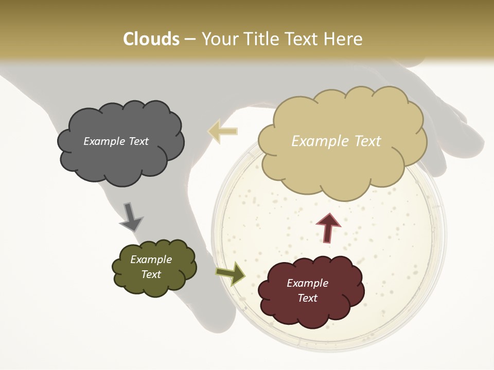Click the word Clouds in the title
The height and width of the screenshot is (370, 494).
(x=151, y=39)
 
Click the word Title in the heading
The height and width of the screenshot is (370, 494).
(x=260, y=39)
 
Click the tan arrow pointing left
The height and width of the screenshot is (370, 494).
(x=222, y=131)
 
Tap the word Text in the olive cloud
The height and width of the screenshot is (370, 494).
(x=151, y=274)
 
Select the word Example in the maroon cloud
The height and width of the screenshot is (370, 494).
(x=307, y=283)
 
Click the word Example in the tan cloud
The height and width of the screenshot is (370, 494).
(x=318, y=141)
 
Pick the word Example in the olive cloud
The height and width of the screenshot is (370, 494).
(x=151, y=260)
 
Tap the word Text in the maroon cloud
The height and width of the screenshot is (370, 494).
(x=307, y=298)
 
